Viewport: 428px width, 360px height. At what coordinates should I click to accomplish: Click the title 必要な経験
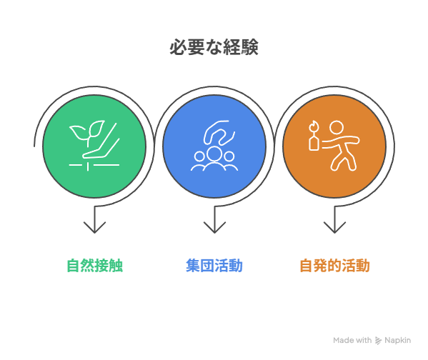214,47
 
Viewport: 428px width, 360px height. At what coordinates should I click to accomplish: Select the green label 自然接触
95,265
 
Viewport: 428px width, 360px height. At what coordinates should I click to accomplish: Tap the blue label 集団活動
214,265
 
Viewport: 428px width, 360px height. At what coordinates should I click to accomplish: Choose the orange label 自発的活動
334,265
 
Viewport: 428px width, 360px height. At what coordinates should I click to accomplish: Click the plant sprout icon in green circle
94,146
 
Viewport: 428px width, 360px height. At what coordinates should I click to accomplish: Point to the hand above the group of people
219,132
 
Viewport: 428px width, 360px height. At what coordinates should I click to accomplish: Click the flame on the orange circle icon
314,126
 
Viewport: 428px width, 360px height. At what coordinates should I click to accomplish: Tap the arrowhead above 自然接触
94,227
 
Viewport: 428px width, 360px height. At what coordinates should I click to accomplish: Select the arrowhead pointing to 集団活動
214,227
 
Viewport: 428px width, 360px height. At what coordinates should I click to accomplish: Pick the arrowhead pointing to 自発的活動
334,227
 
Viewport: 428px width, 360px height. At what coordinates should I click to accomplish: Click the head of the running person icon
337,128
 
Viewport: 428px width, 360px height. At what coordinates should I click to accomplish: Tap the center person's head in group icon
214,154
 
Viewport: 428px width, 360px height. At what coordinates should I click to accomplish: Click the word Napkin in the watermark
397,340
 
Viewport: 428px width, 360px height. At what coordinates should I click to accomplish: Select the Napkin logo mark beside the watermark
378,340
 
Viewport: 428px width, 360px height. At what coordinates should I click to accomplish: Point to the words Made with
352,340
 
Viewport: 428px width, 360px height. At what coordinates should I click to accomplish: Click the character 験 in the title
249,47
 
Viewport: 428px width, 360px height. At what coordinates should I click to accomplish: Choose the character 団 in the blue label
207,265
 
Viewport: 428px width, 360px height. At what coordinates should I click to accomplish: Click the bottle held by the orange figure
314,141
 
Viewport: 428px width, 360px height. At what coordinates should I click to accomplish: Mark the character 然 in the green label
88,265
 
